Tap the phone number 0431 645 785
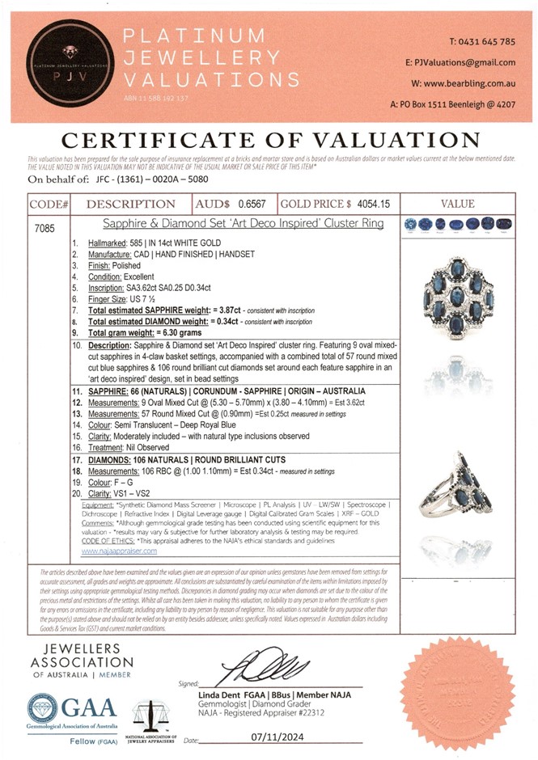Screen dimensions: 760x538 coord(481,41)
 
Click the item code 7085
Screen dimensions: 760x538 coord(45,229)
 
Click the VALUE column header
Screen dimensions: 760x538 coord(464,205)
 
